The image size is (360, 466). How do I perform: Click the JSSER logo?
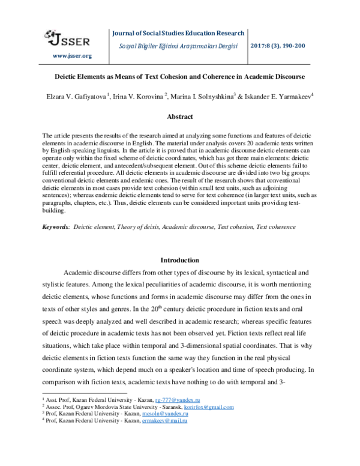click(68, 39)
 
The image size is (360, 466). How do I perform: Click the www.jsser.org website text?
click(72, 56)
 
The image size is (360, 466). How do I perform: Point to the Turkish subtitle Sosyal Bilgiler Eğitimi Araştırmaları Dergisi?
click(178, 46)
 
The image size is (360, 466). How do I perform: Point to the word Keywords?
click(55, 227)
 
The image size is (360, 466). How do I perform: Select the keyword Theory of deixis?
click(142, 227)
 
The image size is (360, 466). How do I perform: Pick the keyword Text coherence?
click(275, 227)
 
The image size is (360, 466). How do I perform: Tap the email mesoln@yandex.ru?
click(161, 414)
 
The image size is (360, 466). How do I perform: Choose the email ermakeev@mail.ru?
click(163, 422)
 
